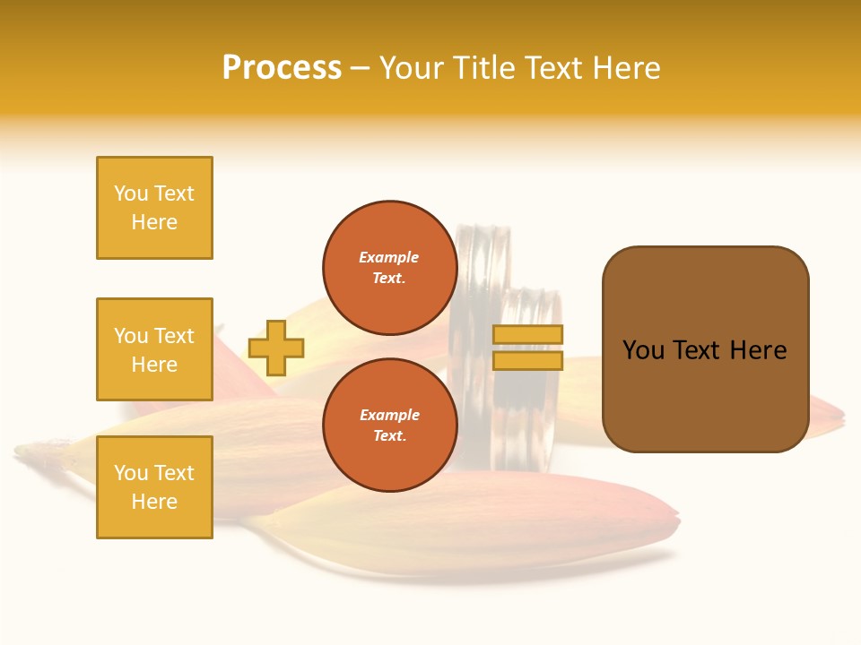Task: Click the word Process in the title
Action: [282, 68]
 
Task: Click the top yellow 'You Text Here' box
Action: [154, 208]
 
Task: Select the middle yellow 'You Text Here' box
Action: [154, 349]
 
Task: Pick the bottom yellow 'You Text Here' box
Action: [154, 487]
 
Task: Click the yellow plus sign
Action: [276, 348]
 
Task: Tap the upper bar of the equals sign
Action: [528, 334]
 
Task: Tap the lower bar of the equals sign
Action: [528, 360]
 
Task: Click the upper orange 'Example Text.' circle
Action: [389, 268]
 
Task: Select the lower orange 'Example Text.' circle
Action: [389, 426]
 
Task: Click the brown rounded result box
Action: [705, 349]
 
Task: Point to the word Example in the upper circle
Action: [389, 257]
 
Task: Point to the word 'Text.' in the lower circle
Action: [389, 436]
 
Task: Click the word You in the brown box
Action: [643, 350]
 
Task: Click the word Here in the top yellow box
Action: [154, 222]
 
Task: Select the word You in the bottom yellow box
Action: [131, 473]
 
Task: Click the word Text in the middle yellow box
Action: [174, 336]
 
